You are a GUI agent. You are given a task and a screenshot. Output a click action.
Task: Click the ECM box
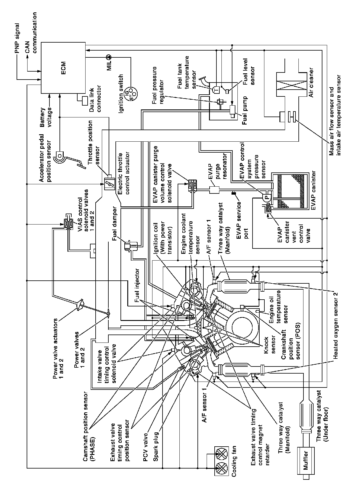pos(63,67)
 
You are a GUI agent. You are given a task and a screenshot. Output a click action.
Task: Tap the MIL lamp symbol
pos(108,56)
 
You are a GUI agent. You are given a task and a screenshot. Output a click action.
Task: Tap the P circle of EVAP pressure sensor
pos(266,197)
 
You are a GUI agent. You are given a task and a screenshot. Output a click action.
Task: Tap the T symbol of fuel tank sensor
pos(215,87)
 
